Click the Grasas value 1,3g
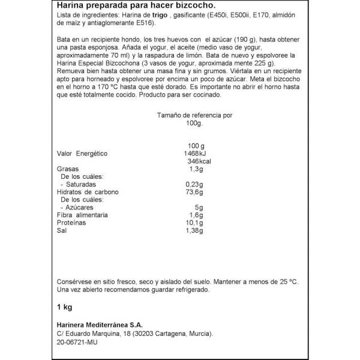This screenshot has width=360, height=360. point(196,170)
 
